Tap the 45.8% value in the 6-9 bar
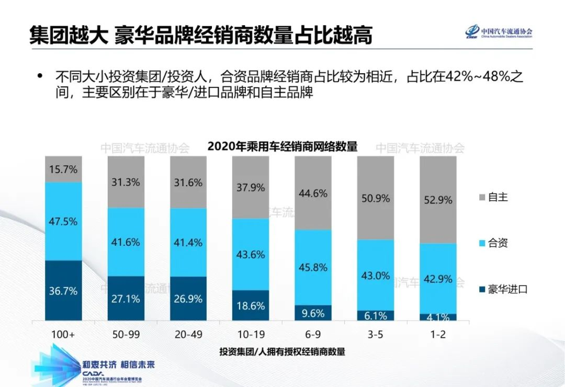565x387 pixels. point(313,267)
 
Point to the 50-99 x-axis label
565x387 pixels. point(126,334)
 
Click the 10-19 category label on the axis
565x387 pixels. point(251,334)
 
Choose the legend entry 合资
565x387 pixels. point(498,243)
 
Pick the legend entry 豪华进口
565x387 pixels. point(507,289)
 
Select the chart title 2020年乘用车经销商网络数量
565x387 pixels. point(282,146)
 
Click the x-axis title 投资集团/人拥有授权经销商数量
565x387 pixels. point(282,351)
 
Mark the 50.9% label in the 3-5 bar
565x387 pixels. point(376,199)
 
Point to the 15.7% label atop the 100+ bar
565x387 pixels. point(63,169)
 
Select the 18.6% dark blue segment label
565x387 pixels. point(251,306)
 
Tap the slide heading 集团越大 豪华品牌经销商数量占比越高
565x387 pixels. point(201,36)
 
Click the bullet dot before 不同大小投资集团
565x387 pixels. point(40,76)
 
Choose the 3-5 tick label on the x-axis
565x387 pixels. point(376,334)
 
